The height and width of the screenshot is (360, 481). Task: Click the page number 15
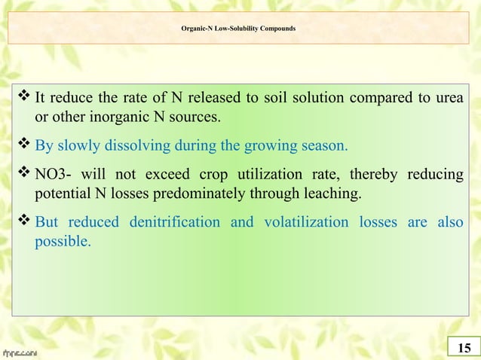click(463, 347)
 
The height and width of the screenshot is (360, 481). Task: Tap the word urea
click(449, 98)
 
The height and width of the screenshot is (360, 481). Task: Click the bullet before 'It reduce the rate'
click(23, 98)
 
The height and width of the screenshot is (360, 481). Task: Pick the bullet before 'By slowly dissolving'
click(23, 146)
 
